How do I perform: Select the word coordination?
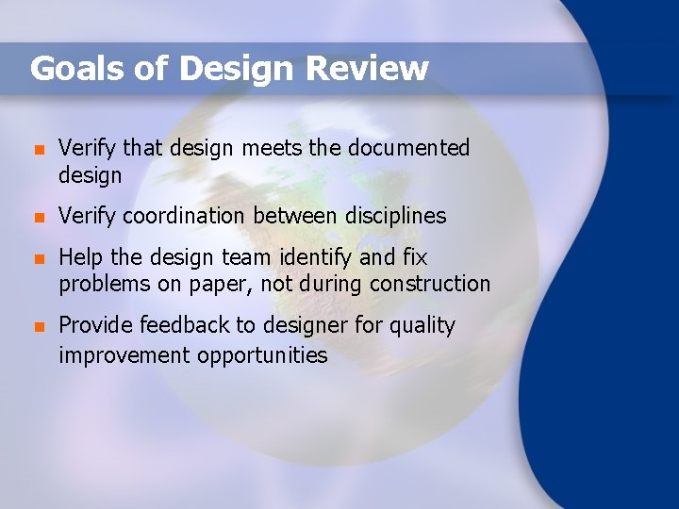(183, 216)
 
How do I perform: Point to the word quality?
(421, 326)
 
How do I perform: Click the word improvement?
(124, 355)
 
